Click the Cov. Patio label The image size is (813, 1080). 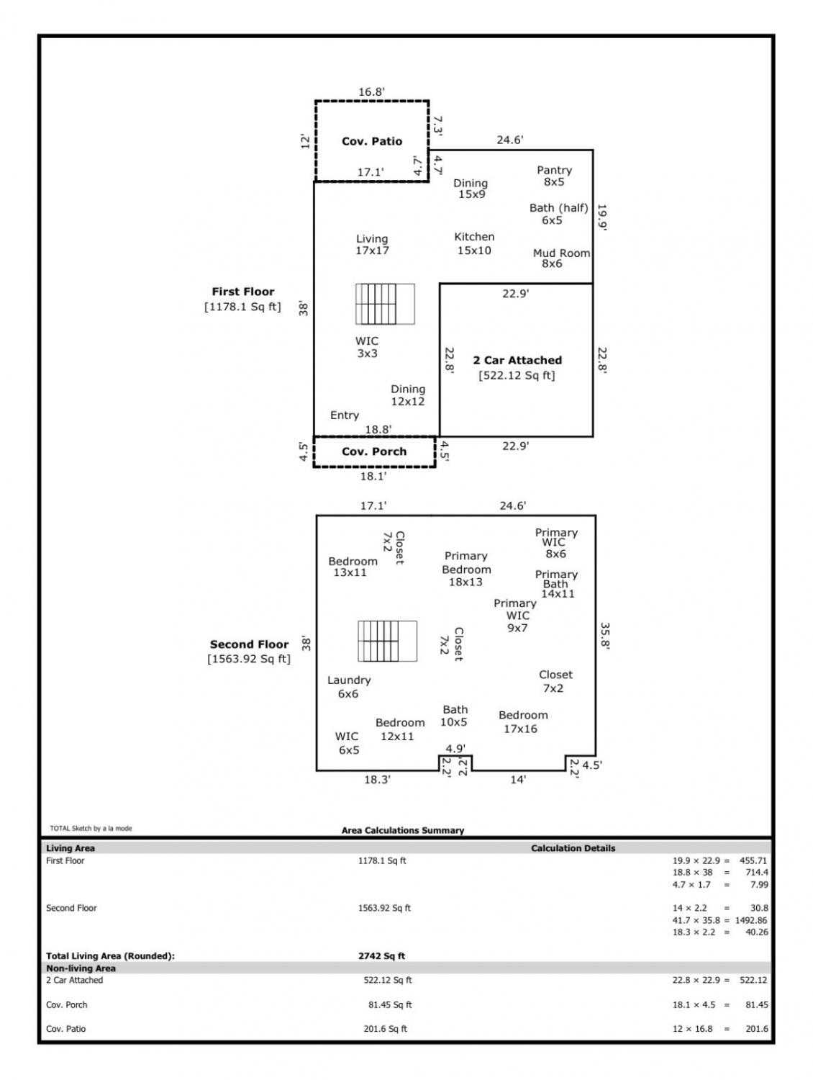pyautogui.click(x=371, y=141)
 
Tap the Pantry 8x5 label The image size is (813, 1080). pyautogui.click(x=554, y=176)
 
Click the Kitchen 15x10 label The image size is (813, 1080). pyautogui.click(x=474, y=243)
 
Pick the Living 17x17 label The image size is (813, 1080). pyautogui.click(x=372, y=245)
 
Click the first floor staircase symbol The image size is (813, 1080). pyautogui.click(x=385, y=304)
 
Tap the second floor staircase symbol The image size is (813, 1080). pyautogui.click(x=387, y=641)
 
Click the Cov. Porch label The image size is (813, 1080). pyautogui.click(x=374, y=451)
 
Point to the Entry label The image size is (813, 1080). pyautogui.click(x=345, y=415)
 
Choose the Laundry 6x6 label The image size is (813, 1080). pyautogui.click(x=349, y=686)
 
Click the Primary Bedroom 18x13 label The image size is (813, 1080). pyautogui.click(x=466, y=569)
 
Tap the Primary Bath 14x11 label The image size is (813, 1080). pyautogui.click(x=556, y=583)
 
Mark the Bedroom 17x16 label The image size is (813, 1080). pyautogui.click(x=523, y=722)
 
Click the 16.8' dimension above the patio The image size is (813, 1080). pyautogui.click(x=371, y=92)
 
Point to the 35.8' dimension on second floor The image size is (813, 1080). pyautogui.click(x=604, y=636)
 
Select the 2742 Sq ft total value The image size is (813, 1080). pyautogui.click(x=381, y=956)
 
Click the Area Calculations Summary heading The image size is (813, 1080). pyautogui.click(x=403, y=831)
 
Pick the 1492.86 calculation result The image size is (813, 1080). pyautogui.click(x=751, y=920)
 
